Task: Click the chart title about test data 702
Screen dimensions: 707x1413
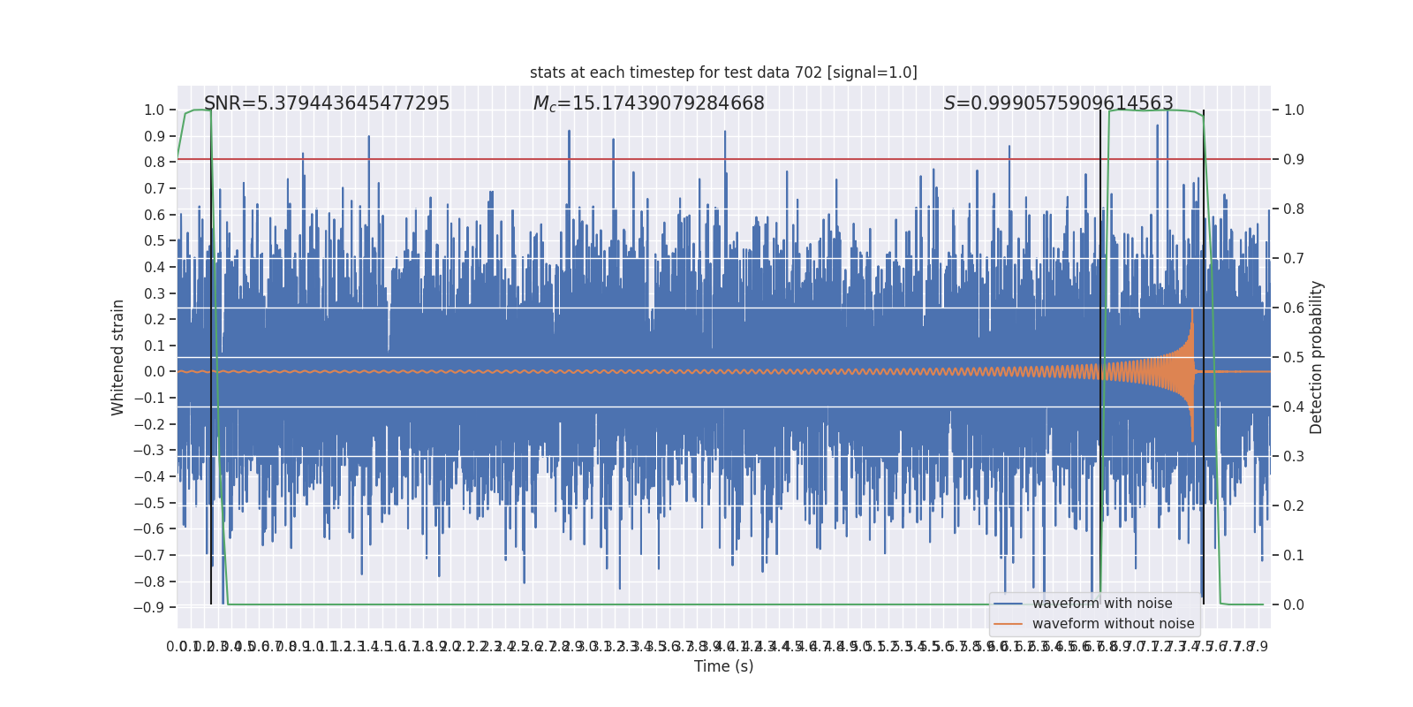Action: tap(723, 72)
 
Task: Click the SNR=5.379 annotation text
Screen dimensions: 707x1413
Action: tap(327, 103)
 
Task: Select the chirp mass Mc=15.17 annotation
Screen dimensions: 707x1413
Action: tap(648, 103)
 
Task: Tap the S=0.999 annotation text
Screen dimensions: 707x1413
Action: tap(1058, 103)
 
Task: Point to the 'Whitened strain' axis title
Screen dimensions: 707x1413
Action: tap(118, 357)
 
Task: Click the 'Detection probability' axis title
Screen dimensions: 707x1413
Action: tap(1317, 357)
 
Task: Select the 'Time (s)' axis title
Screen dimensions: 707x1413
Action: tap(723, 666)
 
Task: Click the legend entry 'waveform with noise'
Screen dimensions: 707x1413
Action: tap(1101, 604)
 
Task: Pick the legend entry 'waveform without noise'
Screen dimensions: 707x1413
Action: tap(1113, 624)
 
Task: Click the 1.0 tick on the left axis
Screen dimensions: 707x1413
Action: tap(154, 110)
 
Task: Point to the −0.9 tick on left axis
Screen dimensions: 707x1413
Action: tap(149, 608)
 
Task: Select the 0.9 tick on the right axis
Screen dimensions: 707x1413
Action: tap(1294, 160)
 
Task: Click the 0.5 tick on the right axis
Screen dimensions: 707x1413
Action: tap(1294, 358)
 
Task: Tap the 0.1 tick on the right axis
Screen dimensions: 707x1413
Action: tap(1294, 556)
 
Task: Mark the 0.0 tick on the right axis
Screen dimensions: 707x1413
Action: tap(1294, 605)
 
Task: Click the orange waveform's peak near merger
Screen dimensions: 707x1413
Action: tap(1192, 311)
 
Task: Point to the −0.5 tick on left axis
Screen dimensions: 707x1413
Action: tap(149, 503)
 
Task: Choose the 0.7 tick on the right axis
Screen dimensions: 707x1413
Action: tap(1294, 259)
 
